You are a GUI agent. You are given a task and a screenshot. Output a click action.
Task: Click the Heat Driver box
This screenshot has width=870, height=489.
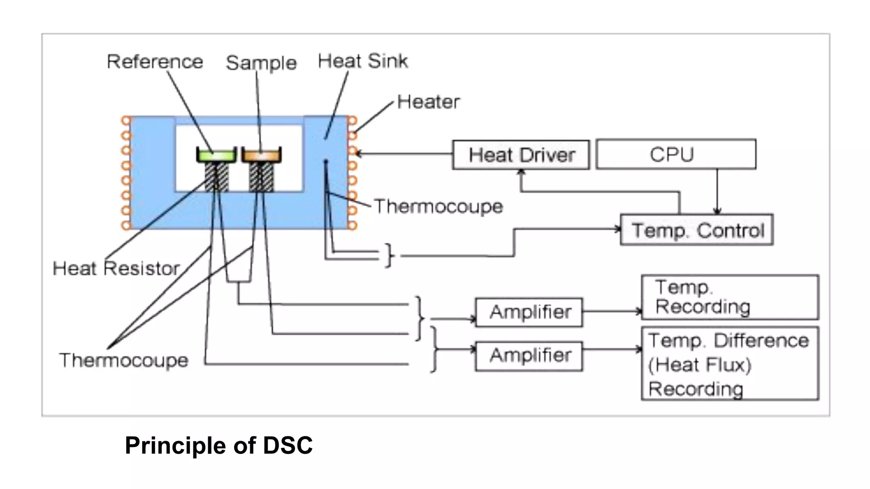pyautogui.click(x=521, y=155)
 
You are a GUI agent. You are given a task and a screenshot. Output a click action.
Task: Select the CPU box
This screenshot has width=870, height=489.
pyautogui.click(x=675, y=154)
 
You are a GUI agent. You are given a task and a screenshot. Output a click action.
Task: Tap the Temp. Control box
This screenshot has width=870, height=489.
pyautogui.click(x=696, y=230)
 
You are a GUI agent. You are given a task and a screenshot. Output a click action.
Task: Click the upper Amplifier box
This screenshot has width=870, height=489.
pyautogui.click(x=529, y=312)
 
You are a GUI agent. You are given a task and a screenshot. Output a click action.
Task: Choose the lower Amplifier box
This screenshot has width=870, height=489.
pyautogui.click(x=529, y=356)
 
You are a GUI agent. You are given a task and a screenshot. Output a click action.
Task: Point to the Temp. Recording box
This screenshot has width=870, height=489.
pyautogui.click(x=729, y=297)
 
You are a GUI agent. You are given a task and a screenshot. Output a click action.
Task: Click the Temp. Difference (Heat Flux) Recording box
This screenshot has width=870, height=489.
pyautogui.click(x=729, y=364)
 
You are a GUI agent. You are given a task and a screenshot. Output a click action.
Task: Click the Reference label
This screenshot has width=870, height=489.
pyautogui.click(x=155, y=62)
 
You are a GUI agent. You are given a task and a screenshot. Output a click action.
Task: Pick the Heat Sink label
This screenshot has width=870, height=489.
pyautogui.click(x=362, y=61)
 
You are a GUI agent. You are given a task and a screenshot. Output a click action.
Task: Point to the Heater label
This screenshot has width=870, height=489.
pyautogui.click(x=428, y=102)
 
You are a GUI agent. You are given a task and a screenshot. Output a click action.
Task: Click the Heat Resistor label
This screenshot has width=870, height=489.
pyautogui.click(x=116, y=269)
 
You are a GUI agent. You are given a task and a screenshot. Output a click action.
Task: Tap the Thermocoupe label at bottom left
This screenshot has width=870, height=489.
pyautogui.click(x=124, y=360)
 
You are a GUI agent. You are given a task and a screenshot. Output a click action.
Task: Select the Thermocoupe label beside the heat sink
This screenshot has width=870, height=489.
pyautogui.click(x=438, y=207)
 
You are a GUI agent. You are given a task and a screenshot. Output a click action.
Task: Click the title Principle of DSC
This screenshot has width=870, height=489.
pyautogui.click(x=218, y=445)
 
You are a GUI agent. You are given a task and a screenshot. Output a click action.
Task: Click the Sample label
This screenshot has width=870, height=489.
pyautogui.click(x=261, y=63)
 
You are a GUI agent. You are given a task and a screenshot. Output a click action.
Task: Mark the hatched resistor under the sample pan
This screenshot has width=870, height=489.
pyautogui.click(x=261, y=177)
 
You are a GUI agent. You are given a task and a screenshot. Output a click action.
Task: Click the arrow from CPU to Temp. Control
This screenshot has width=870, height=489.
pyautogui.click(x=717, y=191)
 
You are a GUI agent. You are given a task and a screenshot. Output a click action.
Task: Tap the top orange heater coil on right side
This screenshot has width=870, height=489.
pyautogui.click(x=352, y=121)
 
